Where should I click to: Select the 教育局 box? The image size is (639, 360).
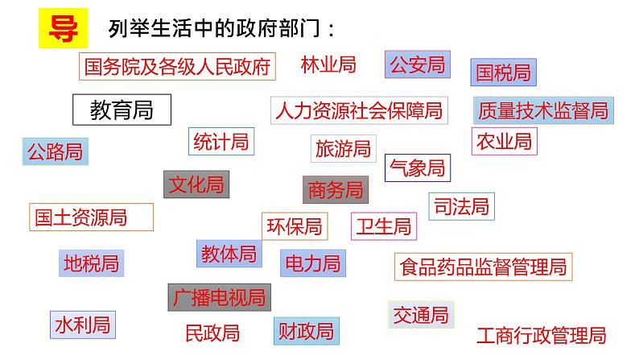coord(122,110)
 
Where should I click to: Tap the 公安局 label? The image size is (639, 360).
coord(417,65)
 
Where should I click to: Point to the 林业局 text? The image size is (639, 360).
coord(328,64)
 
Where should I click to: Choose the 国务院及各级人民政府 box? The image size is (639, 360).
coord(177,66)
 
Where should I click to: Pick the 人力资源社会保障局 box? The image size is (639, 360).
coord(358,110)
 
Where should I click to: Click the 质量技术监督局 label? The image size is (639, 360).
coord(543,110)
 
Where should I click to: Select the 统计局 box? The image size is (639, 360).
coord(221,142)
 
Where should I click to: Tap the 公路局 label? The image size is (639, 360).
coord(55,151)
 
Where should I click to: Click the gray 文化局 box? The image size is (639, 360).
coord(196,184)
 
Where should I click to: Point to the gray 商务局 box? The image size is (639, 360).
coord(336,190)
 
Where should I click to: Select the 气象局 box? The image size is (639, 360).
coord(417,168)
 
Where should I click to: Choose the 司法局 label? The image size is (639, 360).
coord(460,206)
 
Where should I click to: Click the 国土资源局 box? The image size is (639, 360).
coord(80,217)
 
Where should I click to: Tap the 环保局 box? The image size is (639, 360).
coord(295,226)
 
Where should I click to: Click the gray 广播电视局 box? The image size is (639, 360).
coord(219,298)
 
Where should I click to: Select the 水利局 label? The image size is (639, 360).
coord(81,325)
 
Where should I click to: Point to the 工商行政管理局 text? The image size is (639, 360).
coord(540,335)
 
